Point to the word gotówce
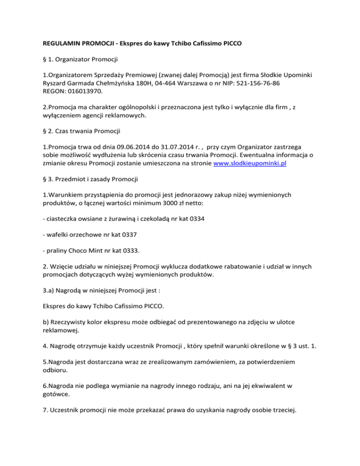coord(56,398)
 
